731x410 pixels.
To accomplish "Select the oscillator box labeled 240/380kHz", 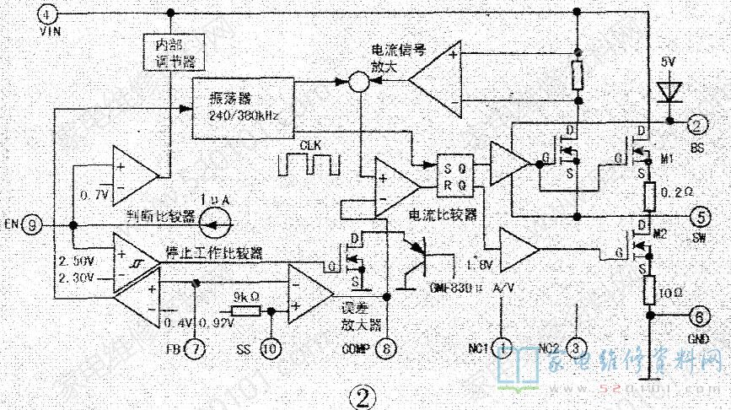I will coord(244,108).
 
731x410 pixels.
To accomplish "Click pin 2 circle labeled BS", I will coord(696,125).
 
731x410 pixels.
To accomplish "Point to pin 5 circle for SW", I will coord(696,213).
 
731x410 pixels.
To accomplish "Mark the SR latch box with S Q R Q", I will coord(454,174).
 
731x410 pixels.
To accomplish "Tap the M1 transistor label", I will coord(668,159).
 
